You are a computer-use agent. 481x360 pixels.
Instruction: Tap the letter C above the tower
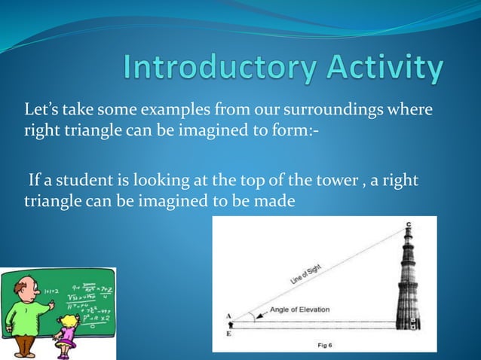tap(408, 224)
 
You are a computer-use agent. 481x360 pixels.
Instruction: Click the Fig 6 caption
tap(323, 345)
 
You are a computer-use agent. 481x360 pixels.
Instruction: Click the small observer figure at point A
tap(231, 325)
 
